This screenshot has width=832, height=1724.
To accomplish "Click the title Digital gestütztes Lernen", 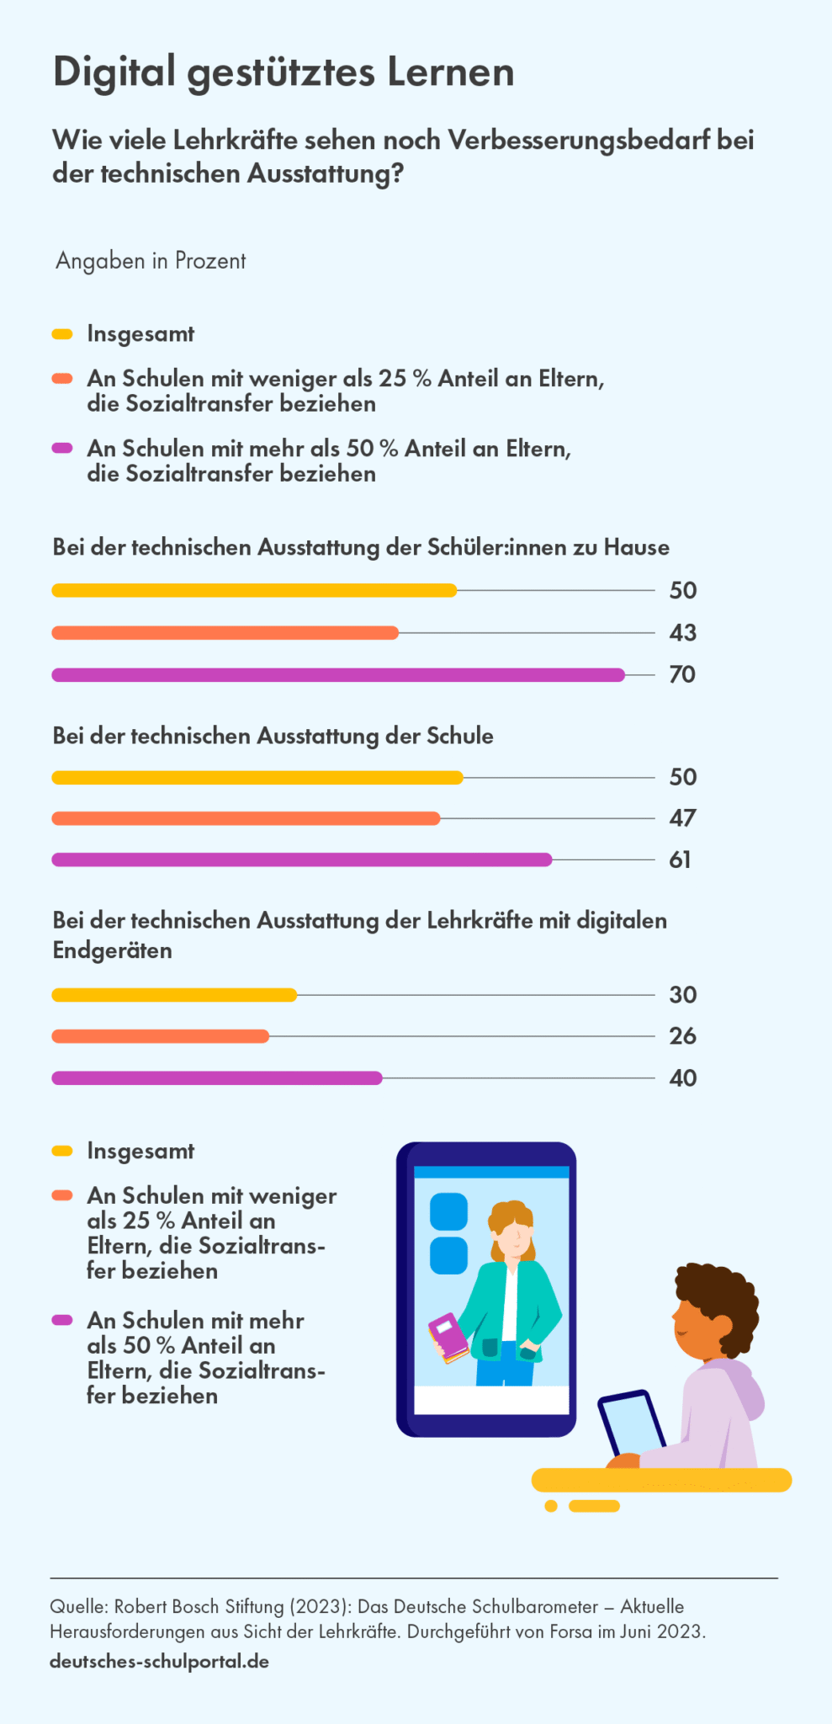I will [284, 72].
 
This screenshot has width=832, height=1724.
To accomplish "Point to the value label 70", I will [682, 674].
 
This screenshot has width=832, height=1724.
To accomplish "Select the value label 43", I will [682, 632].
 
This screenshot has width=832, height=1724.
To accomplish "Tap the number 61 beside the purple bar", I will [680, 859].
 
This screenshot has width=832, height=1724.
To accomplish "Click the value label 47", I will [682, 818].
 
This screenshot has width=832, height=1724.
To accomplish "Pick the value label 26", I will [682, 1035].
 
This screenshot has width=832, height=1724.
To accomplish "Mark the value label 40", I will [682, 1077].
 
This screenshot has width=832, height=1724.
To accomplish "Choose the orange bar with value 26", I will [160, 1036].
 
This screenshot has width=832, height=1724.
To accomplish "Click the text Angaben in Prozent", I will [151, 261].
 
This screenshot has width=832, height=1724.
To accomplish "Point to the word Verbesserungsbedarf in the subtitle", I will [579, 140].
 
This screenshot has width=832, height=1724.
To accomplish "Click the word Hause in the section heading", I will [636, 547].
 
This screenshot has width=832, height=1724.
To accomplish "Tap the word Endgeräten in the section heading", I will [112, 950].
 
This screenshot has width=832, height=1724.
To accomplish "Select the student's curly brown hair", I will [717, 1296].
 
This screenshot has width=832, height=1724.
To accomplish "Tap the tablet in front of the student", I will [630, 1423].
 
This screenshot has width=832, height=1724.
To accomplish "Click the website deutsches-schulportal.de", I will [159, 1661].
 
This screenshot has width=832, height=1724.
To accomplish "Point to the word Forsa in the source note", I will [571, 1631].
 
